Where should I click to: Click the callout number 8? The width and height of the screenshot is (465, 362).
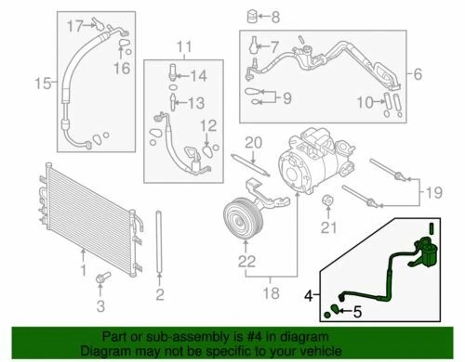coord(275,17)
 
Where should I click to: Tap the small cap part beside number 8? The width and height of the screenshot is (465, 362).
coord(253,16)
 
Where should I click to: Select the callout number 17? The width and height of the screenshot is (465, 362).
coord(75,26)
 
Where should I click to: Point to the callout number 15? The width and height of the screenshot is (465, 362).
coord(43,84)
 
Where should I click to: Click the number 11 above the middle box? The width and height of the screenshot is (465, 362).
coord(184,47)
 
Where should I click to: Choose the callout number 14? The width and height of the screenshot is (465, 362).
coord(198,76)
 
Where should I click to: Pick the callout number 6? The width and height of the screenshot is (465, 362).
coord(418,74)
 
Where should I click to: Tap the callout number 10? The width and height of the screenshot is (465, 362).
coord(365,102)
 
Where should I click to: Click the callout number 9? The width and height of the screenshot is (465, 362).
coord(287,98)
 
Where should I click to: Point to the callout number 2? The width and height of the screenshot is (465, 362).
coord(160,294)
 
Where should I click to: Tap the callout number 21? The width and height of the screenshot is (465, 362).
coord(328,228)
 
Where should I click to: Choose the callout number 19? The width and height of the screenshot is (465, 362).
coord(434,192)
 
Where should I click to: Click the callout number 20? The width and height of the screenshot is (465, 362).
coord(254,143)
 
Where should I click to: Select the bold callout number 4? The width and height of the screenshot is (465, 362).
coord(309,296)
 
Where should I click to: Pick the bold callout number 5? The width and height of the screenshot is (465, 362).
coord(357,312)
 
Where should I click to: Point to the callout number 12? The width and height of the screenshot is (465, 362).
coord(208,126)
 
